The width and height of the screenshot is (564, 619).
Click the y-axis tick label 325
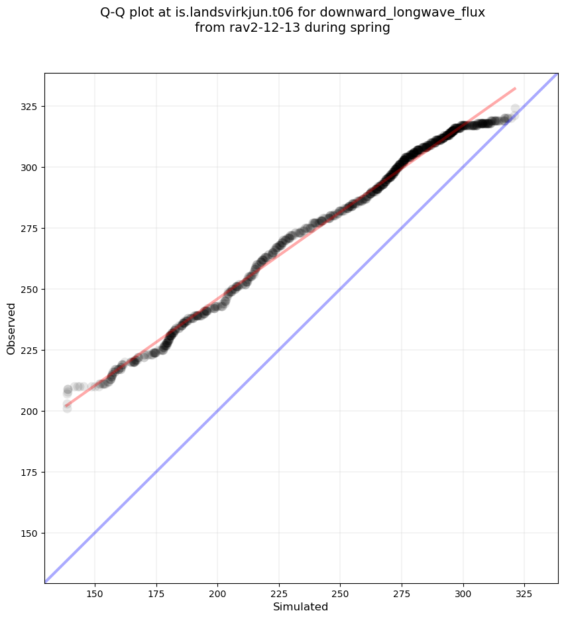(30, 107)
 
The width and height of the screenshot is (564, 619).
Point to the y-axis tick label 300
(30, 168)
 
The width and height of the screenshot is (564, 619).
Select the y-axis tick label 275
(30, 229)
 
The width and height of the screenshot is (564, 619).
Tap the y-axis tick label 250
(30, 290)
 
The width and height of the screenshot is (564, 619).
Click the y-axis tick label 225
(30, 351)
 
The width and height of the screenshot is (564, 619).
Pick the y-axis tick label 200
(30, 412)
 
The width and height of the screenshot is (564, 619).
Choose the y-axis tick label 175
(30, 473)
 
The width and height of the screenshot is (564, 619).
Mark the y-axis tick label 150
(30, 534)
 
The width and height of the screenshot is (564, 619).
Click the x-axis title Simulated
(301, 606)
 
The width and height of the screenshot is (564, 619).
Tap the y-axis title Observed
(11, 329)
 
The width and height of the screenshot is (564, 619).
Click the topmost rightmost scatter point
(515, 109)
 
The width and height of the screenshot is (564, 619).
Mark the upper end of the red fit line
(515, 88)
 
